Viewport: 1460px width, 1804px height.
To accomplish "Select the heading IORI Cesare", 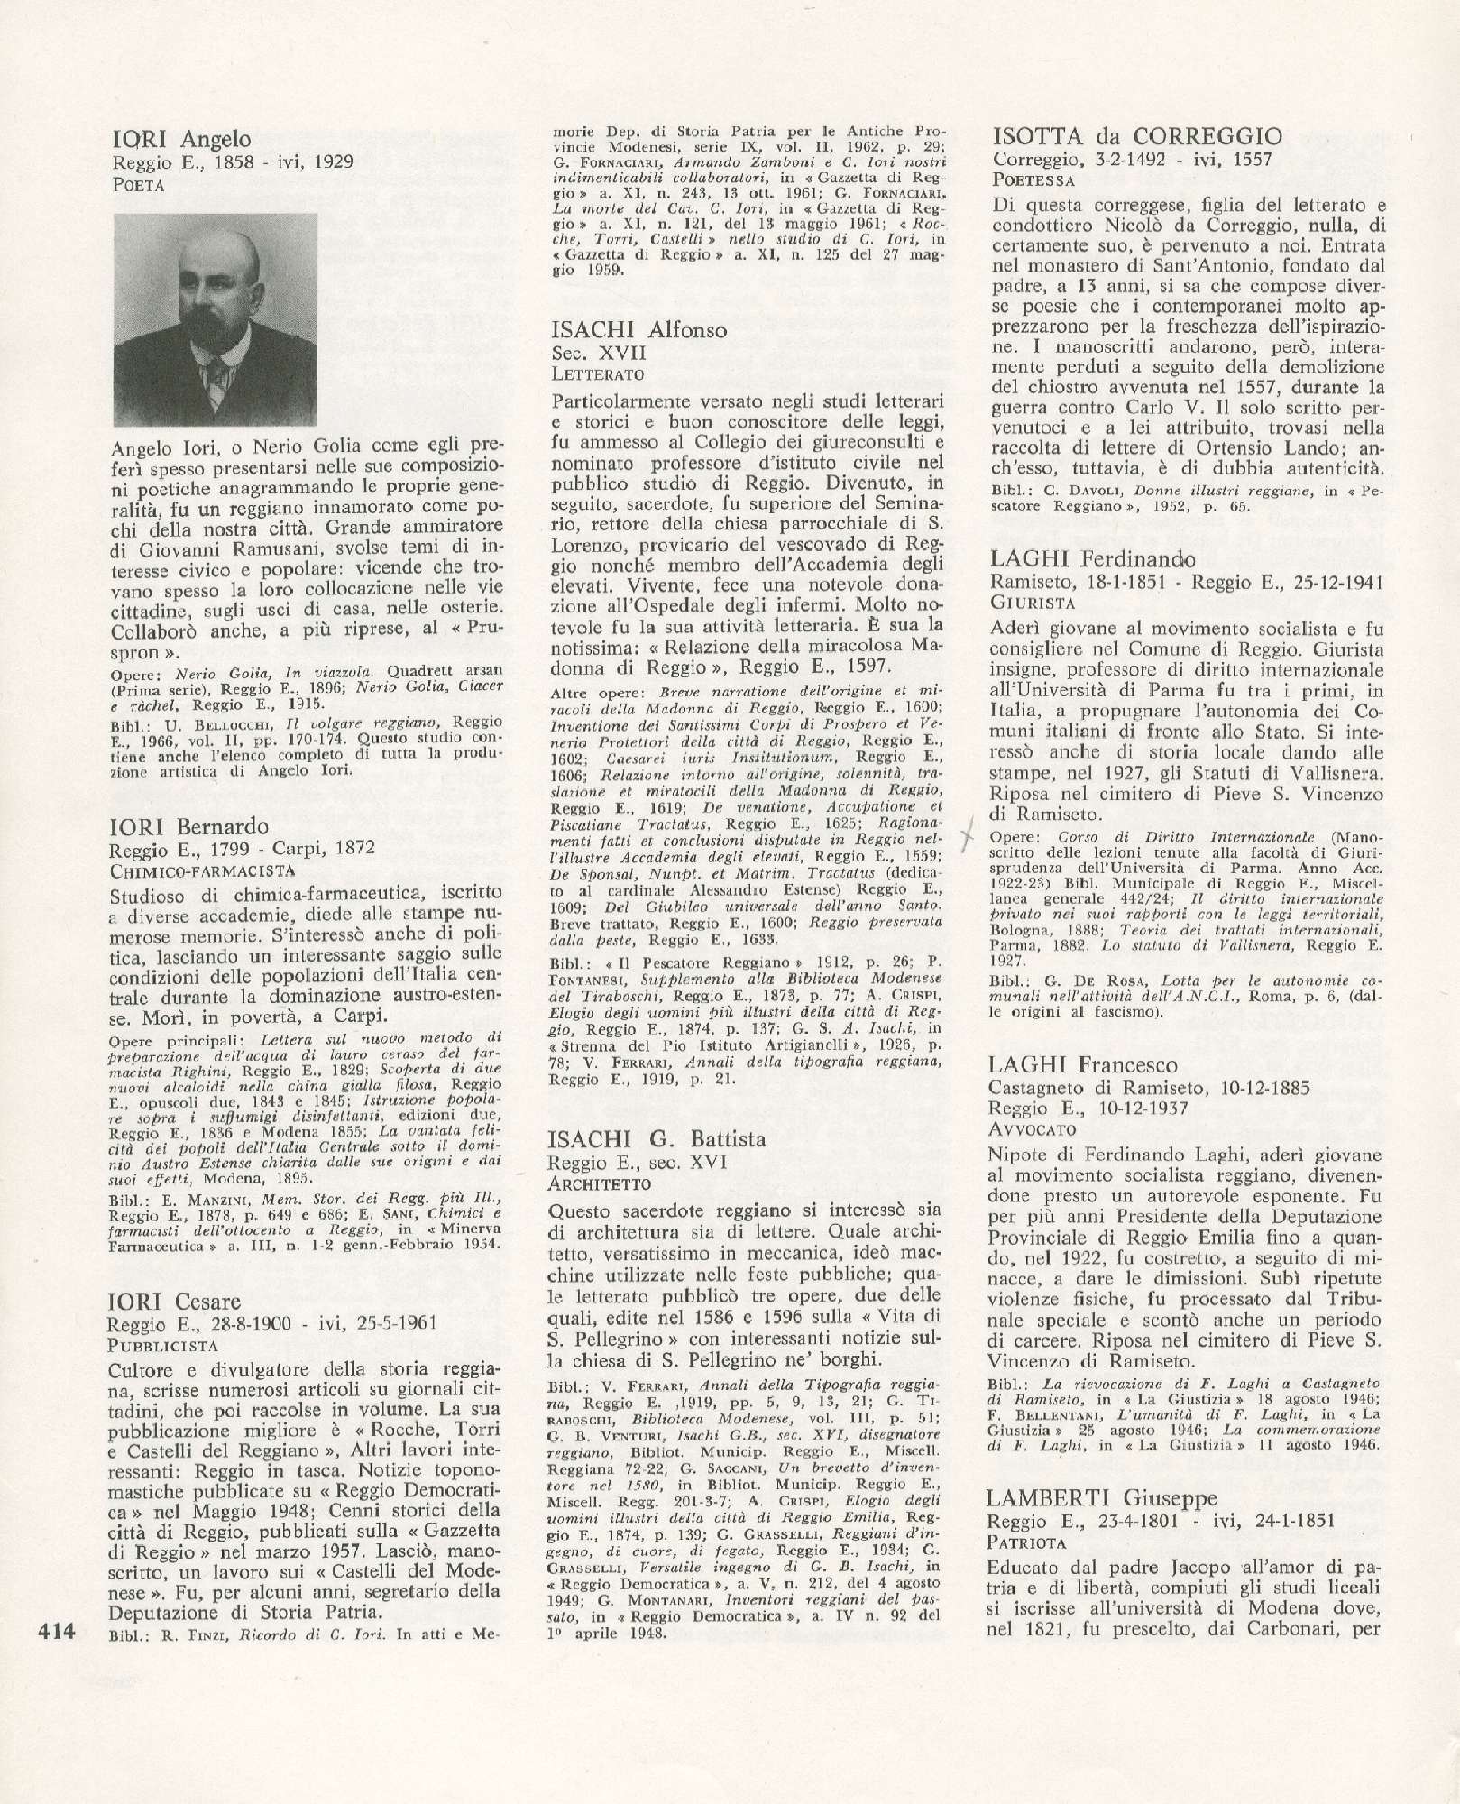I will pyautogui.click(x=176, y=1301).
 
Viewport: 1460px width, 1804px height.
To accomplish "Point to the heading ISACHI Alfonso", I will pyautogui.click(x=638, y=330).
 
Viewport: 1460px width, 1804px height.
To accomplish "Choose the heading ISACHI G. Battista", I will pyautogui.click(x=657, y=1138).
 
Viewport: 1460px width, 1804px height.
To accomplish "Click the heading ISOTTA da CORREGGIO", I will pyautogui.click(x=1136, y=137).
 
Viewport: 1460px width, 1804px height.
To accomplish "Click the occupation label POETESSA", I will pyautogui.click(x=1031, y=180).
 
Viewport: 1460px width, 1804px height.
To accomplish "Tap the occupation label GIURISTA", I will pyautogui.click(x=1025, y=602).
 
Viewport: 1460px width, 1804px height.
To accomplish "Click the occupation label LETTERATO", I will pyautogui.click(x=596, y=373).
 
